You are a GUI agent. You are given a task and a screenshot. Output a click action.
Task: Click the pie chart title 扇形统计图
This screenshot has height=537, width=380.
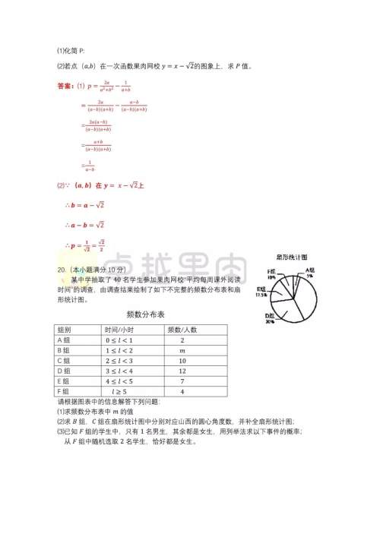click(292, 258)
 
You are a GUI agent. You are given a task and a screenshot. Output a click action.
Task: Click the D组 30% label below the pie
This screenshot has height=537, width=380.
click(270, 318)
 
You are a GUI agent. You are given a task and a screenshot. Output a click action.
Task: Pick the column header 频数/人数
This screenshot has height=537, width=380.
click(182, 330)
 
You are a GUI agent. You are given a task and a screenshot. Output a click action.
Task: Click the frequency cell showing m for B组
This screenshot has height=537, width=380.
click(182, 351)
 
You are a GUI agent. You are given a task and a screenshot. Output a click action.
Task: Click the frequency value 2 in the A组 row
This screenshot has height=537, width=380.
click(182, 340)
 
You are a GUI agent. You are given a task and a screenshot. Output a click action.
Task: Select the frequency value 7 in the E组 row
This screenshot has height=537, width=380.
click(182, 381)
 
